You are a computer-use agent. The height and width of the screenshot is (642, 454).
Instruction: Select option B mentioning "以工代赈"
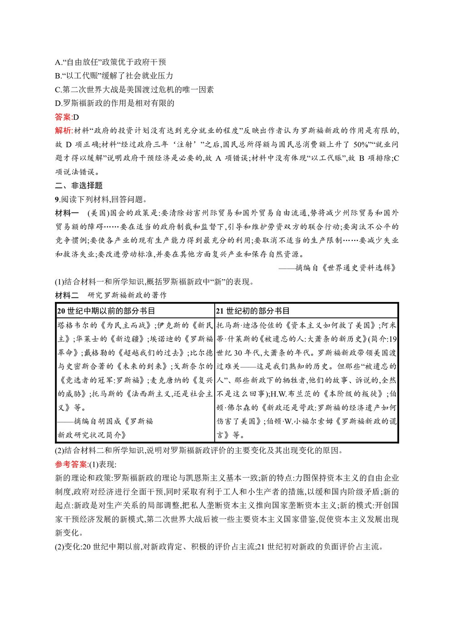(114, 76)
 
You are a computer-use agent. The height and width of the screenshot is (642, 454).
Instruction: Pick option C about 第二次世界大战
(134, 89)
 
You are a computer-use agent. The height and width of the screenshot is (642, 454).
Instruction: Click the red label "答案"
(63, 117)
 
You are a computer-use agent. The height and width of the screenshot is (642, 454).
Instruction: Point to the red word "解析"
(63, 131)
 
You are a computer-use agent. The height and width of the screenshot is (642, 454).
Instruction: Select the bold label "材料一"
(67, 213)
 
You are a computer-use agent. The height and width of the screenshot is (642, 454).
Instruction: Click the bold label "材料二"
(67, 295)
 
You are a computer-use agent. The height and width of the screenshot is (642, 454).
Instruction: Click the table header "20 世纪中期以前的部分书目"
(106, 311)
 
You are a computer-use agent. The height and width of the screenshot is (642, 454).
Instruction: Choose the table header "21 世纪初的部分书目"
(253, 311)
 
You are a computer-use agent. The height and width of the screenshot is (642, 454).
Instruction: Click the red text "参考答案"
(71, 464)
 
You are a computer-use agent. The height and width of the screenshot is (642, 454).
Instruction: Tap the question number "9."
(58, 199)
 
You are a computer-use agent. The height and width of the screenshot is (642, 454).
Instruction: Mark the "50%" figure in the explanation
(361, 144)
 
